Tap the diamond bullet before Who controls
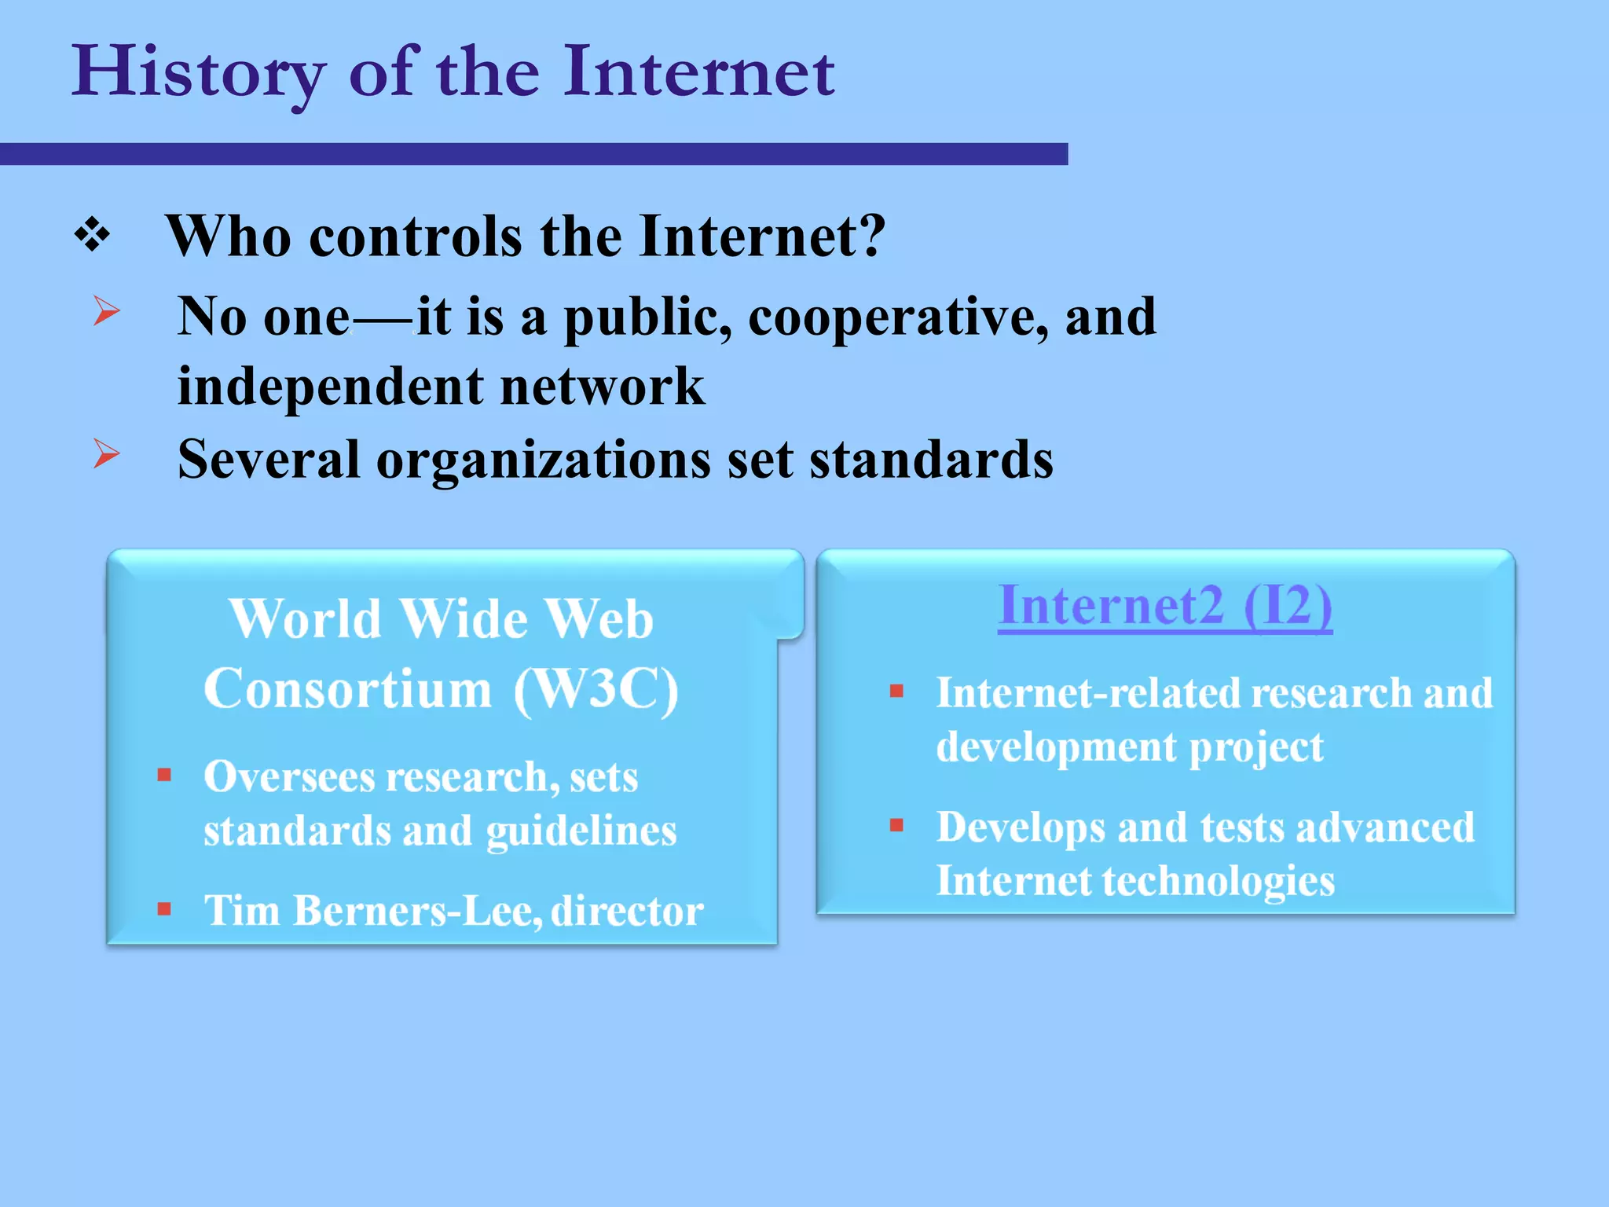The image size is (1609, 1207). [92, 235]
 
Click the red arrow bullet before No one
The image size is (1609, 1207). [106, 310]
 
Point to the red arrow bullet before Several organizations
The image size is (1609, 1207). [106, 453]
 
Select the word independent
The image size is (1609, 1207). [330, 387]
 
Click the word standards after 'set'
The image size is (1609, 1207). [931, 460]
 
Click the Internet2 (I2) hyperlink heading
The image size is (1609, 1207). [1164, 606]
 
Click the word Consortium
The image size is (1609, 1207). [347, 689]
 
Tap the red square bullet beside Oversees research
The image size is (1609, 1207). [164, 776]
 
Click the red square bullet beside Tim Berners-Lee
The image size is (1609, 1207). [164, 909]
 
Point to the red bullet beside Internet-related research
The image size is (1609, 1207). [896, 692]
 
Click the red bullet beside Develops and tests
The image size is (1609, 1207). [896, 825]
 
